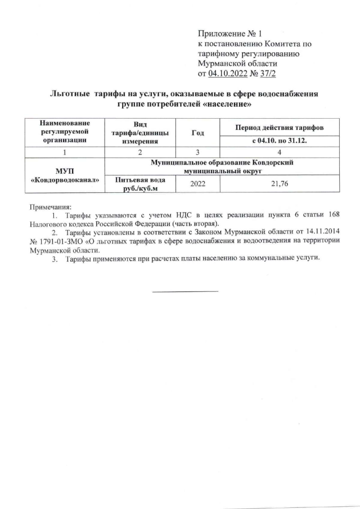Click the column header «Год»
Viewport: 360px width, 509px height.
(197, 132)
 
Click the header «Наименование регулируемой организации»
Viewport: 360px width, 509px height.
(64, 132)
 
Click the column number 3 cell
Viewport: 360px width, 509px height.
(197, 152)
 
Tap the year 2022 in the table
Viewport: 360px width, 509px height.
(197, 184)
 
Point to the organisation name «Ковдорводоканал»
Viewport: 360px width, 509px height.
(65, 179)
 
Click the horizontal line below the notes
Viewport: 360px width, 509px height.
(185, 291)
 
